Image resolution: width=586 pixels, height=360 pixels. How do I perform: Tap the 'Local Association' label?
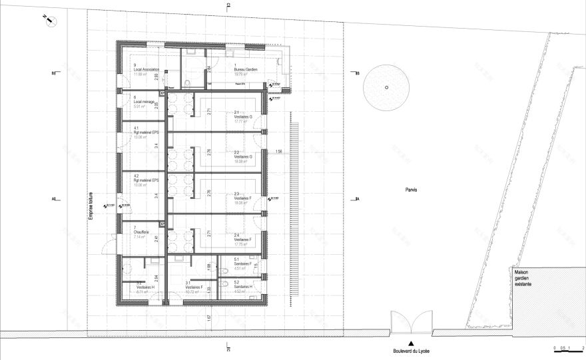pyautogui.click(x=145, y=69)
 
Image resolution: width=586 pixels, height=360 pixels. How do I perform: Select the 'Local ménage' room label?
pyautogui.click(x=142, y=102)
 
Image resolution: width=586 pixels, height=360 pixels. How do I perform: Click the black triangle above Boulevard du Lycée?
pyautogui.click(x=411, y=343)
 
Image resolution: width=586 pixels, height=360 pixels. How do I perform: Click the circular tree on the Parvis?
pyautogui.click(x=386, y=87)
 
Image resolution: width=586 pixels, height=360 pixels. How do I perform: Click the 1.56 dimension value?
pyautogui.click(x=280, y=153)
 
